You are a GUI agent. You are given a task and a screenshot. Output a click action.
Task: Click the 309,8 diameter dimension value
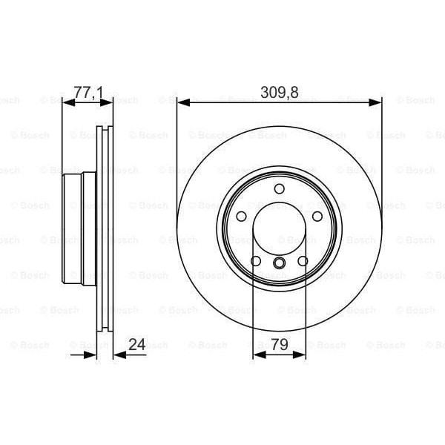pos(280,93)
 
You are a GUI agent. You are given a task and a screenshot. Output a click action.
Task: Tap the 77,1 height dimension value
pos(88,93)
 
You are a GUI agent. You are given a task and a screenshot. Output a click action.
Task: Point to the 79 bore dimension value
pos(280,344)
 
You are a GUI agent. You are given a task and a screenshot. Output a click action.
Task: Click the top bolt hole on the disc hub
pos(280,188)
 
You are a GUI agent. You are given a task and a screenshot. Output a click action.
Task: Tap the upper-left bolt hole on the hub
pos(243,216)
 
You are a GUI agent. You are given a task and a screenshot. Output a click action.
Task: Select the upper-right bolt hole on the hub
pos(317,216)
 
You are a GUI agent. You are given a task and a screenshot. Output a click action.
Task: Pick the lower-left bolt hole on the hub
pos(257,260)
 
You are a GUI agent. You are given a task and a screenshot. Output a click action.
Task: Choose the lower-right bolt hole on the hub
pos(303,260)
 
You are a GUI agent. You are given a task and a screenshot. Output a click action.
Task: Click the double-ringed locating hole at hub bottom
pos(280,264)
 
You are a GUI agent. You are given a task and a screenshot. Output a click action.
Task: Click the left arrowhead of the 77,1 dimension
pos(67,103)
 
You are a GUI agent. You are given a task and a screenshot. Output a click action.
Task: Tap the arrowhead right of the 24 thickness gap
pos(119,355)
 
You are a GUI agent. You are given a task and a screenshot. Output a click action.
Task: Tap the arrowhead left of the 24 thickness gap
pos(92,355)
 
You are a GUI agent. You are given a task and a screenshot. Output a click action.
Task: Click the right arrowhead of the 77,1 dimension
pos(108,103)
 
